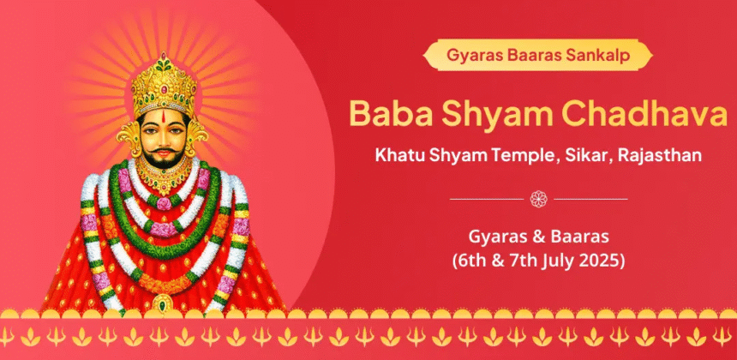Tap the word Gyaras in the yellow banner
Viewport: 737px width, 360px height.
[x=471, y=56]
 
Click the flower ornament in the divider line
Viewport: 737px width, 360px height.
[x=539, y=199]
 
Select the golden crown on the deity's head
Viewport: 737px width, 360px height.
[x=164, y=85]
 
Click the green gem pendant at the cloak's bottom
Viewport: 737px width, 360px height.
[x=163, y=304]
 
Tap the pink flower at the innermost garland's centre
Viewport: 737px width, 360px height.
[x=164, y=203]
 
